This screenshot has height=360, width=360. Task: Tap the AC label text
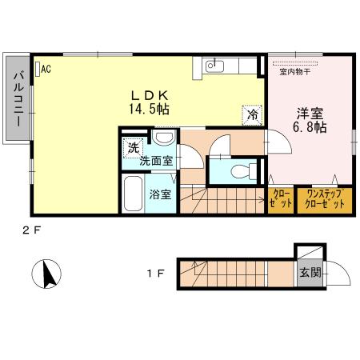46,69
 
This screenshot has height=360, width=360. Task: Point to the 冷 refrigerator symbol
252,114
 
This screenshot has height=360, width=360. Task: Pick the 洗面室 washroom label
156,161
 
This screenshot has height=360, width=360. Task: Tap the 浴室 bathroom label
159,194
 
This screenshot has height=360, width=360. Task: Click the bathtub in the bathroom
132,194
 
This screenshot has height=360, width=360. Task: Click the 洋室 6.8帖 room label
309,120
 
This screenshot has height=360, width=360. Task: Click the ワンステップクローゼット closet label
324,199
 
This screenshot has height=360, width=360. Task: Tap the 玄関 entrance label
310,272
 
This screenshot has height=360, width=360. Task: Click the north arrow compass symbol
46,276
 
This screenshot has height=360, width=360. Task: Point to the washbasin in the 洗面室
162,138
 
